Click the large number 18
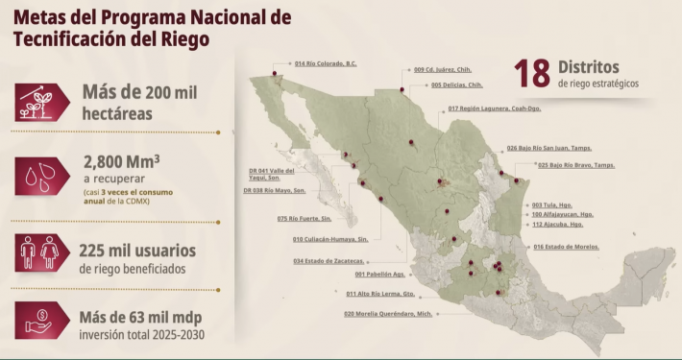(531, 74)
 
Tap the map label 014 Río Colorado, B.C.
(325, 64)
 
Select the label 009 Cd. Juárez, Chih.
(442, 69)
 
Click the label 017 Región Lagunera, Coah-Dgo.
(494, 108)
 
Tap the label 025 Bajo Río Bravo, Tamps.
(575, 165)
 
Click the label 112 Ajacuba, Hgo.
(557, 225)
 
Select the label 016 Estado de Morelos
(565, 247)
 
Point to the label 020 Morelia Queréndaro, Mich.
(386, 313)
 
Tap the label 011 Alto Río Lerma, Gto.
(380, 294)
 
